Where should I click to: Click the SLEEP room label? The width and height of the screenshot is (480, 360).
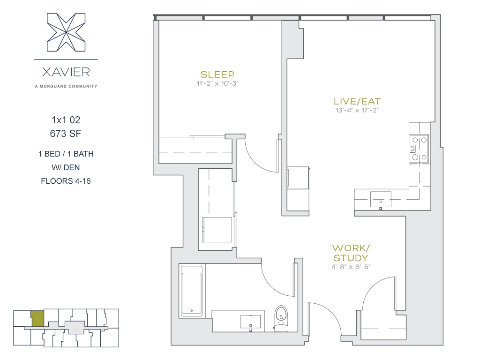click(x=217, y=75)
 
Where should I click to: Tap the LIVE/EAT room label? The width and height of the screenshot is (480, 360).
click(x=357, y=101)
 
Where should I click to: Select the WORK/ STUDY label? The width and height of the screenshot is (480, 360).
click(x=351, y=253)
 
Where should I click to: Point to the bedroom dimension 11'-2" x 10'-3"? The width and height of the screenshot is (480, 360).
click(x=217, y=83)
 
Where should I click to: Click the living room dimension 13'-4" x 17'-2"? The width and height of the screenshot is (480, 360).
click(x=357, y=110)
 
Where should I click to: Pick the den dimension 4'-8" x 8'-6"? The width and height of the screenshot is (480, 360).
click(x=351, y=267)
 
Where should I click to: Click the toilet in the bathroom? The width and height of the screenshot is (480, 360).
click(x=281, y=318)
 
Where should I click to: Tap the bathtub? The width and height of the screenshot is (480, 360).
click(x=192, y=291)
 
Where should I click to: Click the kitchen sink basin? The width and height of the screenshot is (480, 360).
click(x=381, y=200)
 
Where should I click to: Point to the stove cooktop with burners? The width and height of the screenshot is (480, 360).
click(x=419, y=149)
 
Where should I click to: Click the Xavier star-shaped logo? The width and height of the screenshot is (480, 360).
click(x=66, y=32)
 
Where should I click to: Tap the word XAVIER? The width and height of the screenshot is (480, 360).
click(x=66, y=72)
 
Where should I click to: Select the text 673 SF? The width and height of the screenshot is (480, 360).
click(x=66, y=134)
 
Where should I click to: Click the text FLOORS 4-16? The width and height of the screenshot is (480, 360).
click(x=66, y=181)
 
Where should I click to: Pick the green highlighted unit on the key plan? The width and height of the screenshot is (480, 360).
click(x=37, y=318)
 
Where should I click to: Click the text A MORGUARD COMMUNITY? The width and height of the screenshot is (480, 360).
click(x=66, y=86)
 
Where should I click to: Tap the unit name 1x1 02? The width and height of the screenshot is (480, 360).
click(x=66, y=120)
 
